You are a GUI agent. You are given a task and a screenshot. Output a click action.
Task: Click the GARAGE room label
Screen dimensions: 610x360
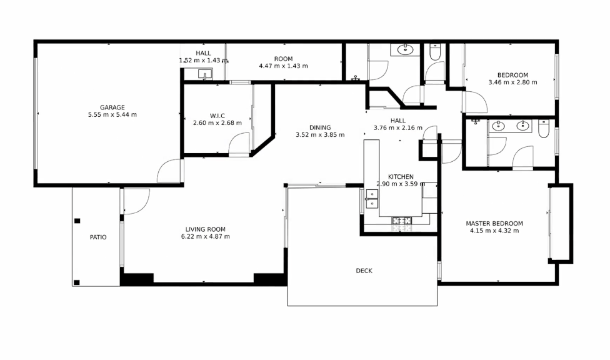point(112,107)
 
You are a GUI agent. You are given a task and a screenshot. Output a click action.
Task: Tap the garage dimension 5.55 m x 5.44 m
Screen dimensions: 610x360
point(112,115)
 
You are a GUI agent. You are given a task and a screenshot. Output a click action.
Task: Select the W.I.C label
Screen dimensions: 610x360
point(217,116)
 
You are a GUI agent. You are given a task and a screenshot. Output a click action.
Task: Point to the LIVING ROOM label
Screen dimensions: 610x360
point(206,229)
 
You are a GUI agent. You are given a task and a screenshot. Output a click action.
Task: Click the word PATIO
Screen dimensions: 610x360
point(98,237)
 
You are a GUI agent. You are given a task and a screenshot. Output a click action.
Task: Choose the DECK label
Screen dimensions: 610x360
point(364,271)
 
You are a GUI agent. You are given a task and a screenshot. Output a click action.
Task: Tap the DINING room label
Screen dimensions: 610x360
point(320,127)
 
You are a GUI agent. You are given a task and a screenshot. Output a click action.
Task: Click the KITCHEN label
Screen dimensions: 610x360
point(401,177)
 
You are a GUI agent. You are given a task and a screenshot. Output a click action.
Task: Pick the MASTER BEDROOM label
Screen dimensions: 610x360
point(494,223)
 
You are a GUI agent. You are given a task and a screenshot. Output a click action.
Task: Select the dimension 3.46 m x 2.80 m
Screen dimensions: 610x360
point(512,82)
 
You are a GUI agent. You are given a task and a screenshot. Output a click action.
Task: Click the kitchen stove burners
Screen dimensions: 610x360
point(401,221)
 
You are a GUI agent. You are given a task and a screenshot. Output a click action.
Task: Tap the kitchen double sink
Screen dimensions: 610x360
point(372,199)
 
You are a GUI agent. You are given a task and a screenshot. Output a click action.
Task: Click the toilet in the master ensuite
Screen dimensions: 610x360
point(544,129)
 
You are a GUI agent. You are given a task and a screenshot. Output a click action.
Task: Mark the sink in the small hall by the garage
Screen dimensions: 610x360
point(204,74)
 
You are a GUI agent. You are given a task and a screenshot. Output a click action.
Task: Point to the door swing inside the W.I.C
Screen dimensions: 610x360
point(239,144)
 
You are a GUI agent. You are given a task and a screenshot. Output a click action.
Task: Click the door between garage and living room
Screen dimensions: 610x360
point(169,171)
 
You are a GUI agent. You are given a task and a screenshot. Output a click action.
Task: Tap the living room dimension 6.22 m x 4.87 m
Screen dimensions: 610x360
point(206,237)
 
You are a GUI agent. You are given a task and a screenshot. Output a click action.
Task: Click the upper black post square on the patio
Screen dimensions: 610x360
point(77,221)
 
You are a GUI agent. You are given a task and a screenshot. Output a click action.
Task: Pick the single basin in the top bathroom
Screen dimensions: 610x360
point(406,49)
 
